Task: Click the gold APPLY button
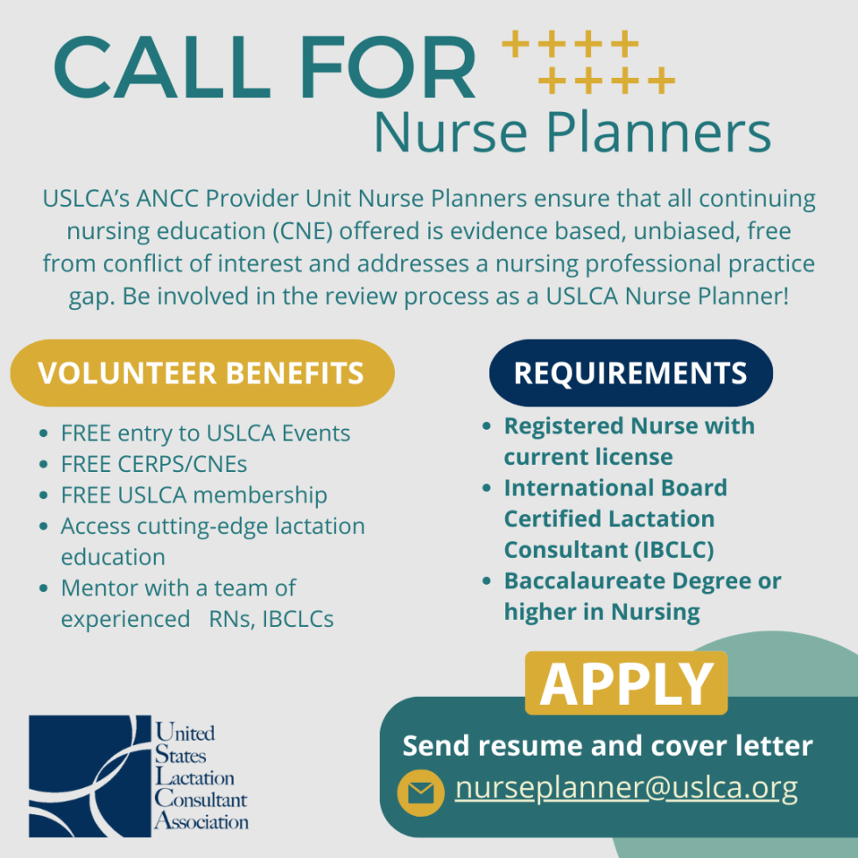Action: coord(626,683)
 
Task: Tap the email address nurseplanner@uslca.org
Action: coord(626,789)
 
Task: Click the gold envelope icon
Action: coord(421,792)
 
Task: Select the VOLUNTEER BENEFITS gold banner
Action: coord(202,373)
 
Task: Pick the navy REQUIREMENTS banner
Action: coord(631,373)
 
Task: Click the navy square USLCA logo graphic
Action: coord(89,776)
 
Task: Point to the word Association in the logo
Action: coord(201,821)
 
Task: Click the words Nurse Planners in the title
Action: coord(573,132)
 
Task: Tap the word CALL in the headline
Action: coord(163,67)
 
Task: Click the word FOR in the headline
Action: coord(388,67)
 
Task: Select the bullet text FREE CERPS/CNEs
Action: coord(154,464)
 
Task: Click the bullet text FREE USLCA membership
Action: coord(194,496)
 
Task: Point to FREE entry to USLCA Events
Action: coord(206,433)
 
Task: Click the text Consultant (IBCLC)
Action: coord(609,550)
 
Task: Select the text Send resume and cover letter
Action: coord(608,745)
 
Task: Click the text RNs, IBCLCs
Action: coord(271,619)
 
